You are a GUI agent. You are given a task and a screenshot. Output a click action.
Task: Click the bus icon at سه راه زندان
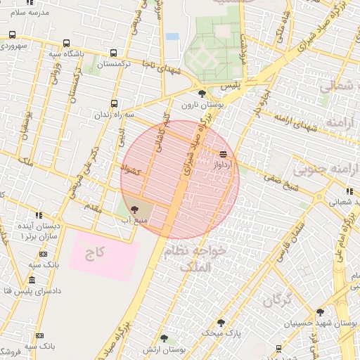click(114, 104)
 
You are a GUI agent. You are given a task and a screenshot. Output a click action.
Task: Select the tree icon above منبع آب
click(134, 209)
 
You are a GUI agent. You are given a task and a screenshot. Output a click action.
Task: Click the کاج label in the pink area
click(90, 253)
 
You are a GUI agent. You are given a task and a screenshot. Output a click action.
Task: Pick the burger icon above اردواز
click(223, 154)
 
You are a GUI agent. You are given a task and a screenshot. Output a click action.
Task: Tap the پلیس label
click(230, 85)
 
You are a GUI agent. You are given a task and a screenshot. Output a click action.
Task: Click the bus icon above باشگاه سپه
click(66, 43)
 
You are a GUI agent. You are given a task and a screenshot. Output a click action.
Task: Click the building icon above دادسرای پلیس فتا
click(39, 279)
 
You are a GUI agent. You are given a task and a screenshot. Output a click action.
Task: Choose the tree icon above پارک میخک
click(221, 323)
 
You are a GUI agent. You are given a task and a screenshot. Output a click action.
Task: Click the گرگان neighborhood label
click(277, 301)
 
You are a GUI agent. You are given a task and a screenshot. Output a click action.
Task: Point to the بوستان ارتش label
click(162, 349)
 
